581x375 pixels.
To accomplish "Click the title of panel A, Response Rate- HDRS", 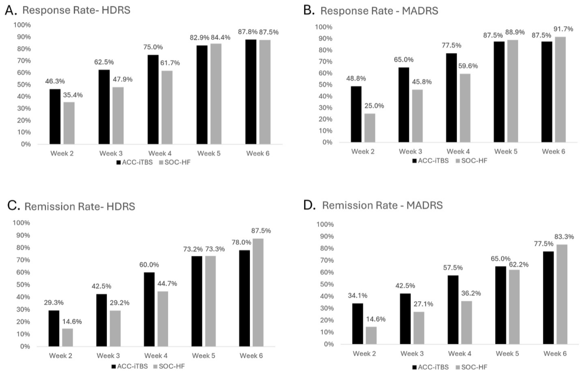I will (76, 10).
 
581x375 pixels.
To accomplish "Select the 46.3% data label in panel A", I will (55, 81).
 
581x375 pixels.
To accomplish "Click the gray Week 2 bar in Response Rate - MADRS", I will (370, 128).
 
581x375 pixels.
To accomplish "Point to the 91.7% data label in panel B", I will (563, 29).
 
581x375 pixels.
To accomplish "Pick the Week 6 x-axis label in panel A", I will (258, 153).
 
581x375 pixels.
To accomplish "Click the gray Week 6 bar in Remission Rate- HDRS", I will (258, 292).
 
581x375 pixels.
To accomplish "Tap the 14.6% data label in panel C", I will (72, 322).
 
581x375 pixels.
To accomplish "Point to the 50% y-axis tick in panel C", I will (23, 284).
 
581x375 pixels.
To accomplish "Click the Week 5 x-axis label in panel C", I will (203, 356).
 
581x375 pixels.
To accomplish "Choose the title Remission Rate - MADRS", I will (382, 206).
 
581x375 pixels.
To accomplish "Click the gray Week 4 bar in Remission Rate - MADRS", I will (466, 323).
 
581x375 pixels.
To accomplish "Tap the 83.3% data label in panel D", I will (564, 237).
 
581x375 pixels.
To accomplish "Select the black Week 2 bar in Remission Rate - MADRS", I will (357, 324).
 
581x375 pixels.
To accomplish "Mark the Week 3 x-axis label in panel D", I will (412, 354).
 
